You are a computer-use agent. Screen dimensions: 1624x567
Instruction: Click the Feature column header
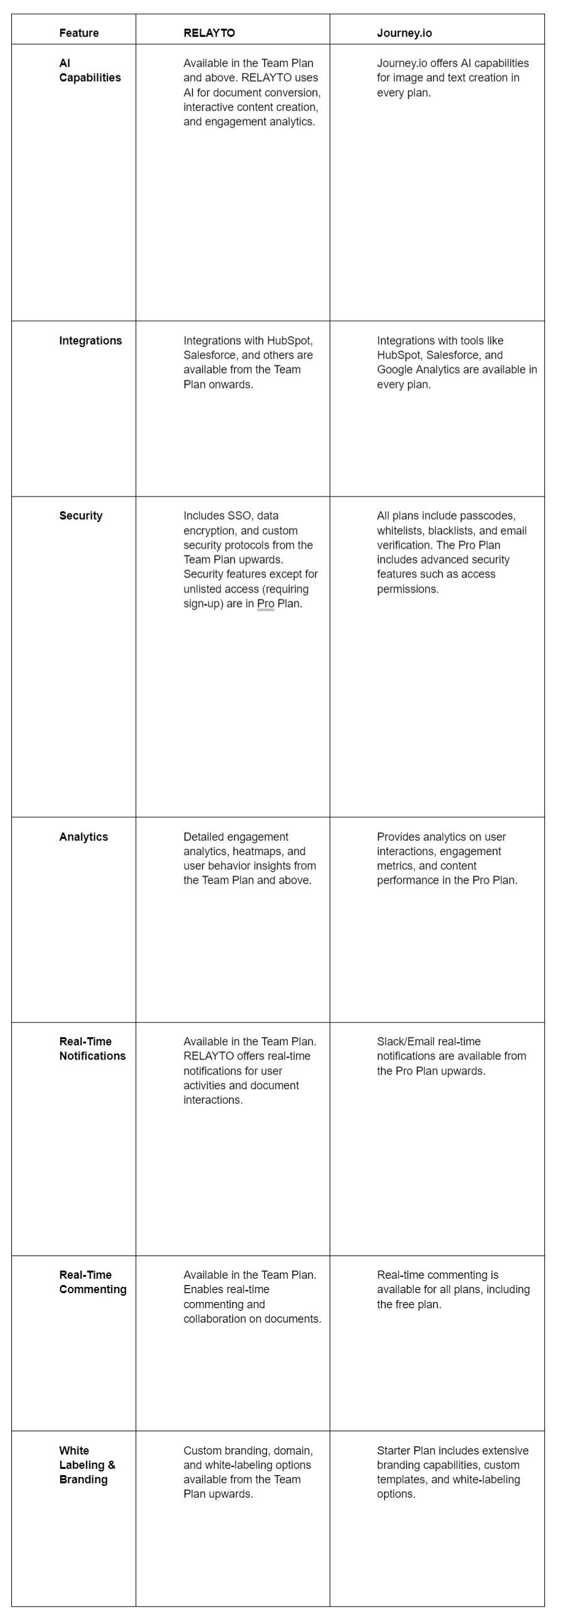79,33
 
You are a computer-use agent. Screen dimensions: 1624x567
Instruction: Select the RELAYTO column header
208,33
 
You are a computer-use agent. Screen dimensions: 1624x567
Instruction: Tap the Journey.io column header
404,33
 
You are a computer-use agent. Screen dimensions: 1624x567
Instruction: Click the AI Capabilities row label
90,70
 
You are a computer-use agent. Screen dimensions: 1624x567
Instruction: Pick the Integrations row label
90,340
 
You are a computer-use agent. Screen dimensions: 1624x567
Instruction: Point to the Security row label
81,515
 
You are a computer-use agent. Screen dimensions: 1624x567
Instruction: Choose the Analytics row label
84,837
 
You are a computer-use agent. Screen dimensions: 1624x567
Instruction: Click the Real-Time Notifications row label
92,1048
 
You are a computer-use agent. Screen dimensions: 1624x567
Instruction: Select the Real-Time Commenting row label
93,1282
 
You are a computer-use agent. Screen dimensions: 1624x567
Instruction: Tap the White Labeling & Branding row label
87,1465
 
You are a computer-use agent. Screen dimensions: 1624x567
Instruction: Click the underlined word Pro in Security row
266,603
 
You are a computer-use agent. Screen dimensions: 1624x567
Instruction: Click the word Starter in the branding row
394,1450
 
